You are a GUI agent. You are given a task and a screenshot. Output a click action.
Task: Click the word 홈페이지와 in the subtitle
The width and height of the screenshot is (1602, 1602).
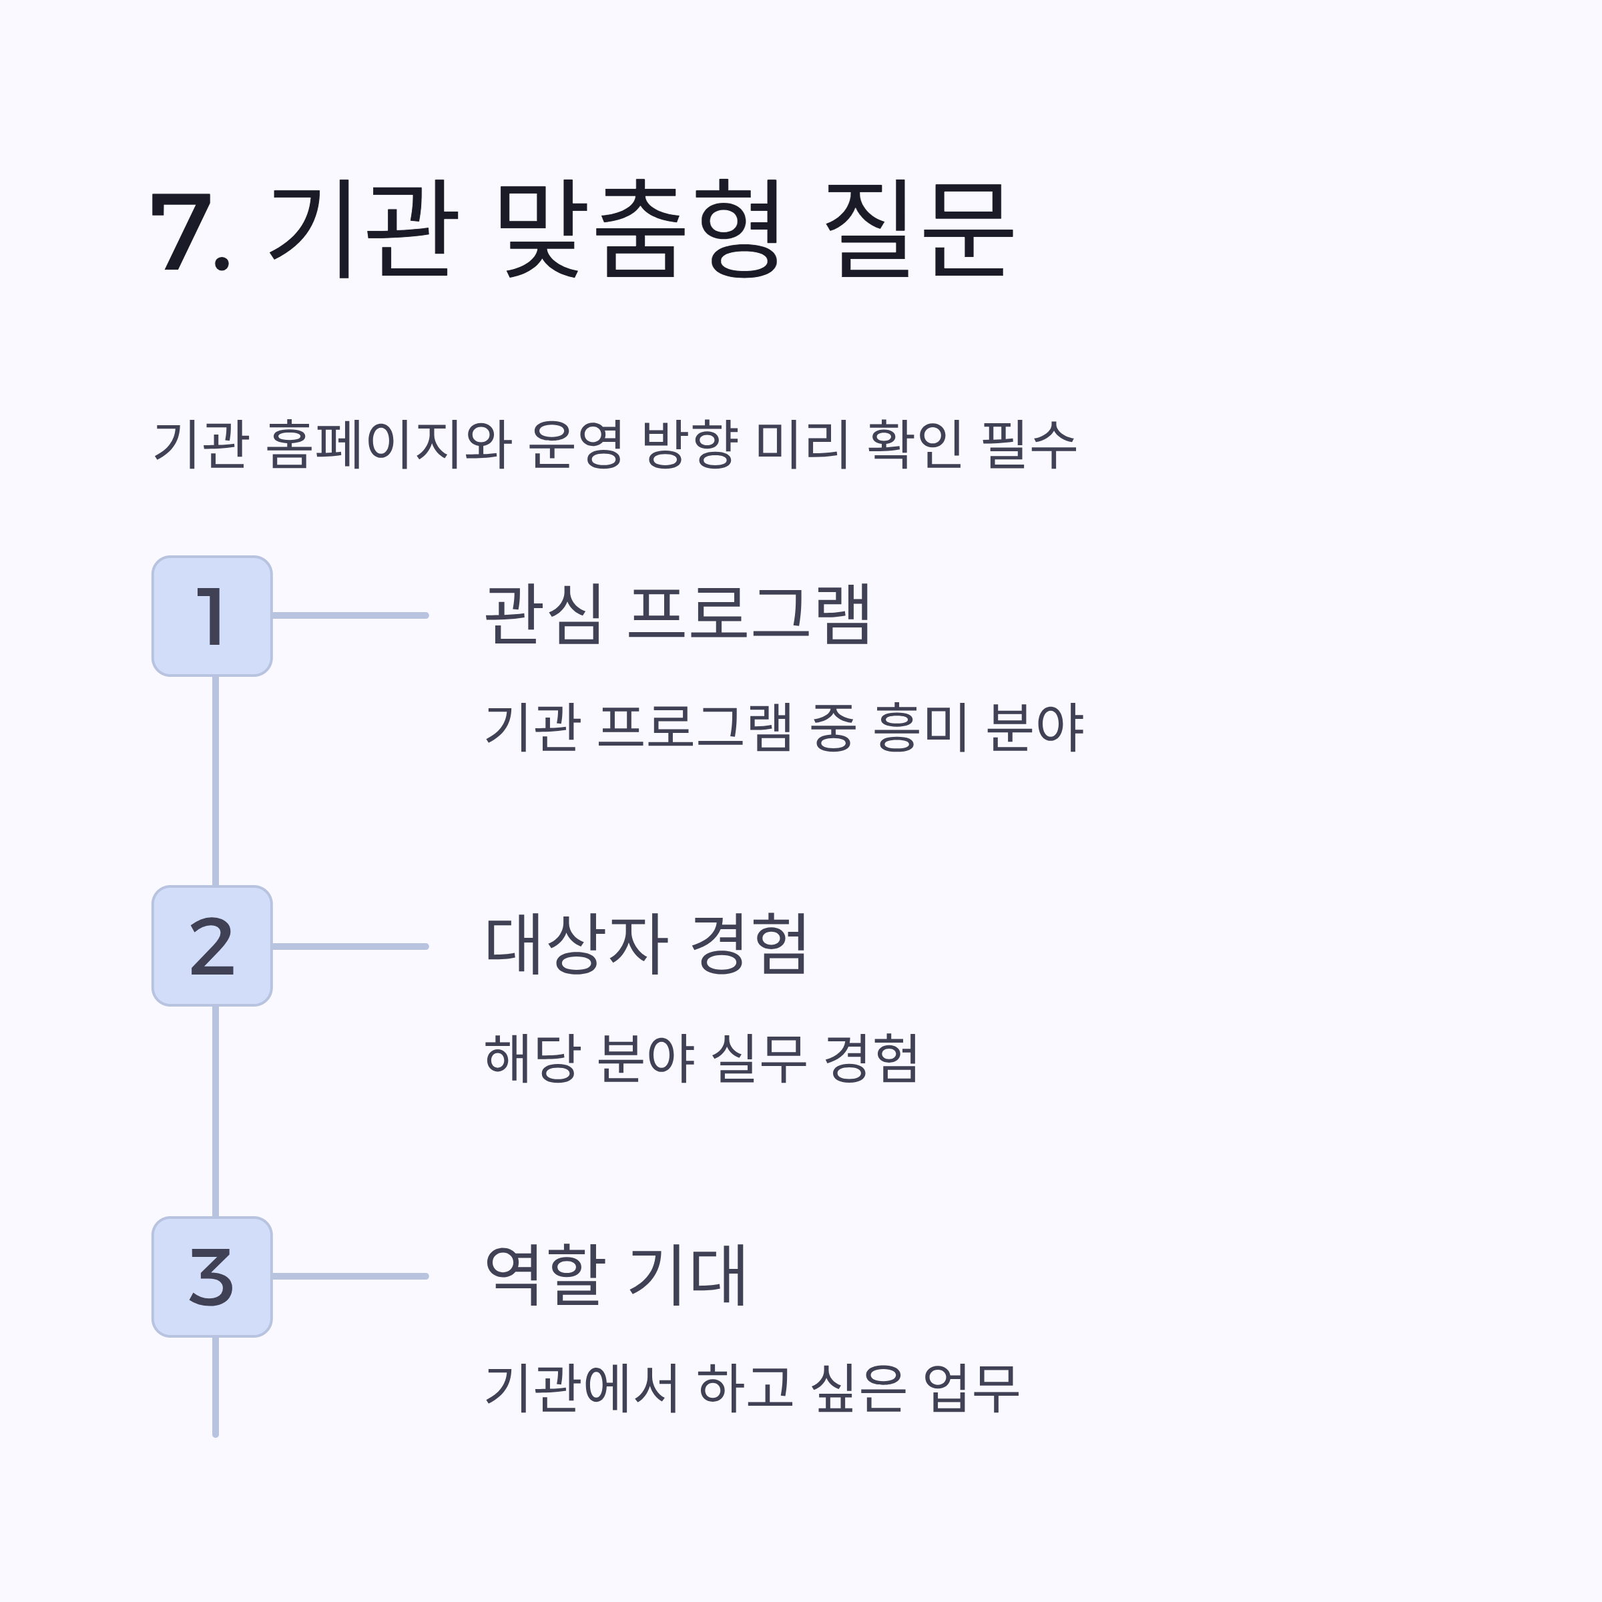pyautogui.click(x=388, y=445)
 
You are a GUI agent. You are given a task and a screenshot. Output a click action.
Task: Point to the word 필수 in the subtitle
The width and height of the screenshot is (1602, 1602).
pyautogui.click(x=1028, y=445)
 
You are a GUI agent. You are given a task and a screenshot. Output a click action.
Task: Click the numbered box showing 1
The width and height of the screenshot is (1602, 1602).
pyautogui.click(x=212, y=616)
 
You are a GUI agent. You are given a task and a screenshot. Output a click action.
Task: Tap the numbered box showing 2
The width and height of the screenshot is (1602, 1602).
pyautogui.click(x=212, y=946)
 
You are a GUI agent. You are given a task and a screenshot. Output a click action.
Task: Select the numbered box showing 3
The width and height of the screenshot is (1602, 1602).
pyautogui.click(x=212, y=1277)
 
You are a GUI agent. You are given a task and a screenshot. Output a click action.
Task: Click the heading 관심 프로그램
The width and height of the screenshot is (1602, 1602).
pyautogui.click(x=677, y=614)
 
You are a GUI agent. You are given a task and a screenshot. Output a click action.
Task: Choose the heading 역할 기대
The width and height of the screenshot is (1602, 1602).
pyautogui.click(x=615, y=1276)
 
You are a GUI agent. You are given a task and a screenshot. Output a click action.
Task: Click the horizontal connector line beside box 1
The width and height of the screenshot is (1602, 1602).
pyautogui.click(x=349, y=615)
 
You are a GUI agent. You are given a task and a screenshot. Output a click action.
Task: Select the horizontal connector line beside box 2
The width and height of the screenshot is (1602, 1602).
pyautogui.click(x=349, y=946)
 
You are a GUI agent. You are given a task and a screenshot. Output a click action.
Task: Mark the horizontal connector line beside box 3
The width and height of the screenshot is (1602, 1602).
pyautogui.click(x=349, y=1276)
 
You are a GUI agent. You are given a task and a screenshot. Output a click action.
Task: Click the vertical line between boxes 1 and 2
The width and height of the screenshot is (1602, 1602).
pyautogui.click(x=216, y=781)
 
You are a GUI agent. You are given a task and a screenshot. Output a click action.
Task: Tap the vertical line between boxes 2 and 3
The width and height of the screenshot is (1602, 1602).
pyautogui.click(x=216, y=1111)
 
